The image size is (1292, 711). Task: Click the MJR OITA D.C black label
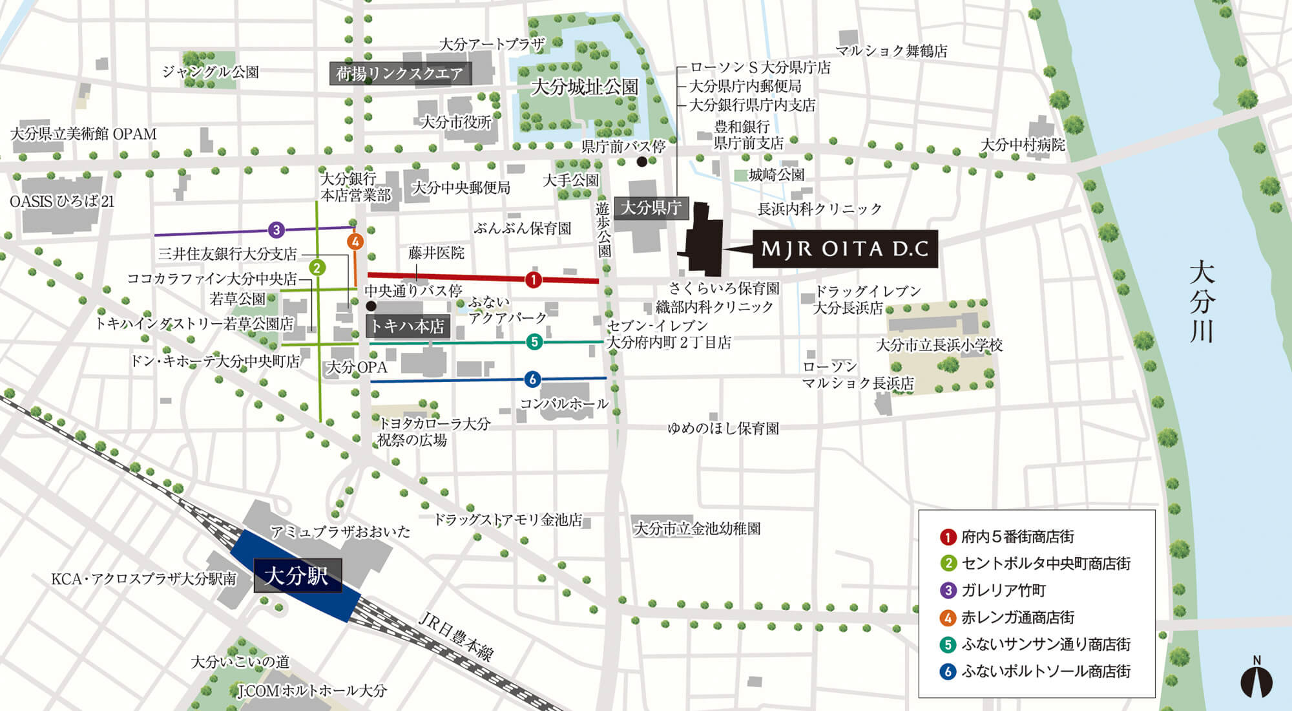[x=845, y=249]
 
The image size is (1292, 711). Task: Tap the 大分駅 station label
[x=297, y=575]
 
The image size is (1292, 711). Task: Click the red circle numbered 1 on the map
[x=533, y=279]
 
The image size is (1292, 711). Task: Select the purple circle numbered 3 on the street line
[x=276, y=229]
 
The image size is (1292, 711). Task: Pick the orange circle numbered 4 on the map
[x=355, y=242]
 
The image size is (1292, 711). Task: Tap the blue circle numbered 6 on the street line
[x=532, y=379]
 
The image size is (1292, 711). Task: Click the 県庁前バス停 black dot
[x=641, y=162]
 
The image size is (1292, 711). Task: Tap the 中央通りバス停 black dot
[x=371, y=306]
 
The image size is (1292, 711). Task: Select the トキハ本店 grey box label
[x=407, y=326]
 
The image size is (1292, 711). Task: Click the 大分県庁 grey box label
[x=651, y=208]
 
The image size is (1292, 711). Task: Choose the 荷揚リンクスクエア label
[x=399, y=74]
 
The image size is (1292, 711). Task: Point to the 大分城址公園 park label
[x=585, y=87]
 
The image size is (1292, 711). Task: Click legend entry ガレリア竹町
[x=1003, y=590]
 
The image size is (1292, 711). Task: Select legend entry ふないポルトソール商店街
[x=1045, y=671]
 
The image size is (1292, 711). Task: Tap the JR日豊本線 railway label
[x=456, y=637]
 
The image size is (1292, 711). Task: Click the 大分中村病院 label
[x=1023, y=145]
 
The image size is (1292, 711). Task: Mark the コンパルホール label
[x=564, y=404]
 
